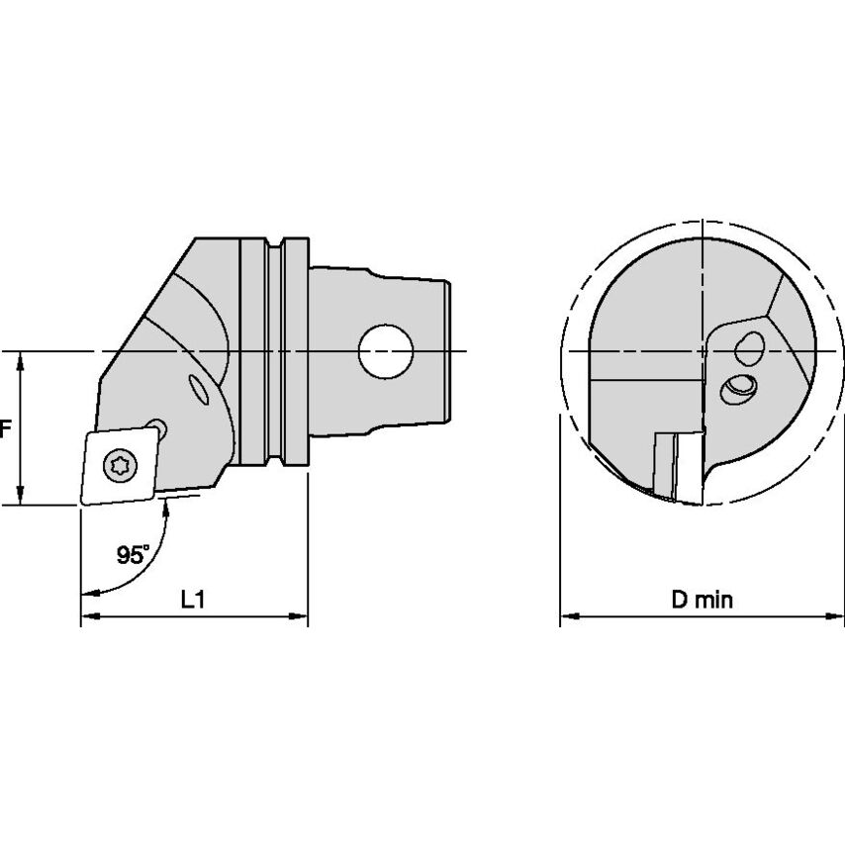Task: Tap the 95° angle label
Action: pos(133,556)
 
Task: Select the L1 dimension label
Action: pos(194,601)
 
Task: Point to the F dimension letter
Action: pos(5,429)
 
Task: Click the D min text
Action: pos(703,601)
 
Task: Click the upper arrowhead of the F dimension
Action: pos(20,358)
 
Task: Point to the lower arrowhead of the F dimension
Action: pos(20,498)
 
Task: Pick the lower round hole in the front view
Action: pos(737,389)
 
